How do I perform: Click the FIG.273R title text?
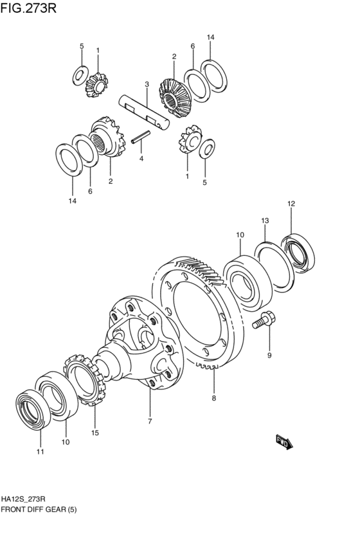pos(28,8)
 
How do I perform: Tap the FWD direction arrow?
pos(284,442)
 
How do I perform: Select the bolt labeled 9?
pos(264,320)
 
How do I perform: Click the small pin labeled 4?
pos(141,136)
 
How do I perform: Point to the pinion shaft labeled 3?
pos(144,112)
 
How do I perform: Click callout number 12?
pos(291,203)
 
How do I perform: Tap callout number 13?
pos(265,220)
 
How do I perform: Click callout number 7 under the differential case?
pos(150,422)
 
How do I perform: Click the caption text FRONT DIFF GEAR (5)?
pos(39,510)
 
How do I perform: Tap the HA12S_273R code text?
pos(23,499)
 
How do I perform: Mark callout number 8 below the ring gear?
pos(214,398)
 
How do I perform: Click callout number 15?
pos(95,433)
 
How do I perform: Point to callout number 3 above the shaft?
pos(147,84)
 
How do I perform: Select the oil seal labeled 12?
pos(298,253)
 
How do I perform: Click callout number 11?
pos(40,452)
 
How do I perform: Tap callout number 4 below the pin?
pos(141,159)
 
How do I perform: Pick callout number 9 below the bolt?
pos(269,355)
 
